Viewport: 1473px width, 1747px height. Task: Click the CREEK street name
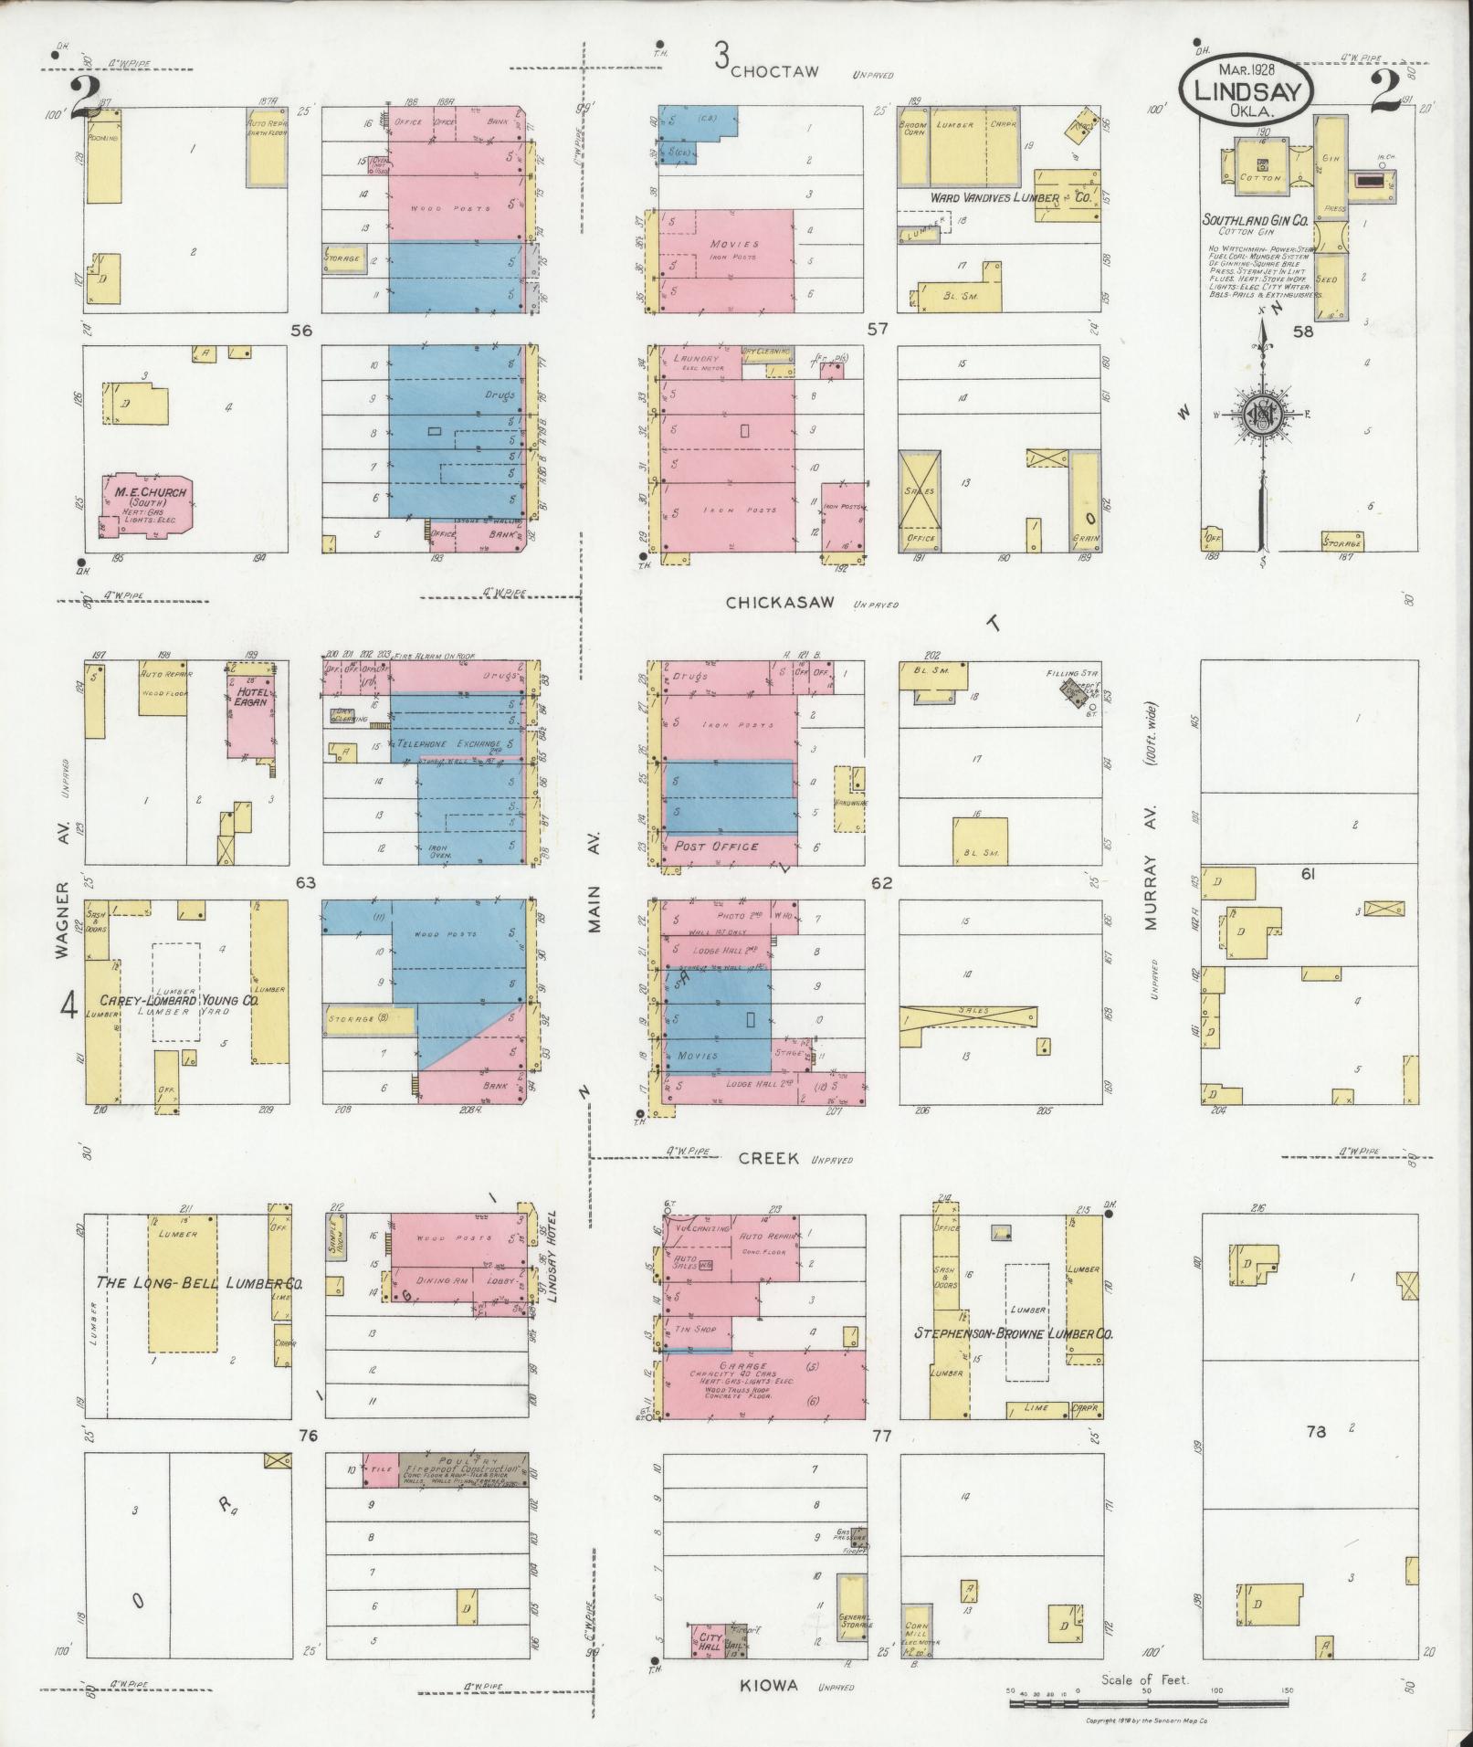point(768,1159)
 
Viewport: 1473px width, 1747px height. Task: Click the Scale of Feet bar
point(1147,1704)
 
